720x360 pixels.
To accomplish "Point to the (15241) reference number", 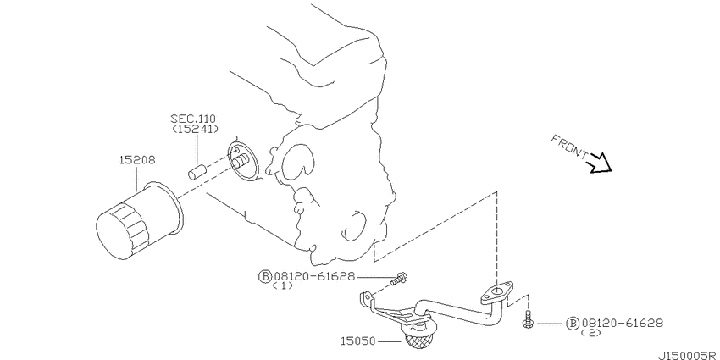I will pyautogui.click(x=195, y=130).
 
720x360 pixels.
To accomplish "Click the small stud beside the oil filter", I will pyautogui.click(x=198, y=168).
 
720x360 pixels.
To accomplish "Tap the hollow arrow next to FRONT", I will pyautogui.click(x=600, y=161).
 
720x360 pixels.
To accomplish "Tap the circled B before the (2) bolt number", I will pyautogui.click(x=572, y=323).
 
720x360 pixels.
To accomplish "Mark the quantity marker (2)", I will pyautogui.click(x=590, y=334).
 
